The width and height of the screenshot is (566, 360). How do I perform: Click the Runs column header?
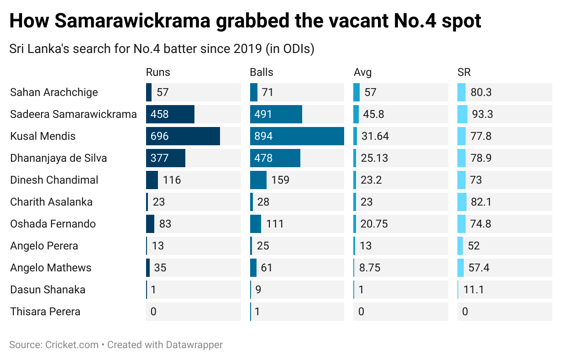[158, 72]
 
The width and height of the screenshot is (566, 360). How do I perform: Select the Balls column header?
[262, 72]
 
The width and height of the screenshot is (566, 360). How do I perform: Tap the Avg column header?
[362, 72]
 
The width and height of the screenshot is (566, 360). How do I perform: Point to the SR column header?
[464, 72]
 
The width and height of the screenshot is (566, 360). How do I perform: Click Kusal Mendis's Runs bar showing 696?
[183, 136]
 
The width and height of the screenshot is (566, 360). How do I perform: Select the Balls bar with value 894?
[297, 136]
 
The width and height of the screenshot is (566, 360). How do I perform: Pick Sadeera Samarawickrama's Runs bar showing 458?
[170, 114]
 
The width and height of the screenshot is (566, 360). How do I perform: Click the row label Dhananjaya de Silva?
[58, 158]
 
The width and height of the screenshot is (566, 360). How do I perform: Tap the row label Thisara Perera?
[45, 312]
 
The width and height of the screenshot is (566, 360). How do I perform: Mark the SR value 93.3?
[482, 114]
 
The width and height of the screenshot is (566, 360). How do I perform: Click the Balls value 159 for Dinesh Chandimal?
[280, 180]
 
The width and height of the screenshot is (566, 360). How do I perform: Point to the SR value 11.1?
[474, 290]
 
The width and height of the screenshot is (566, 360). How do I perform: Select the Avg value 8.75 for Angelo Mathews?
[370, 268]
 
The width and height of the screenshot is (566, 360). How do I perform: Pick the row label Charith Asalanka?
[51, 202]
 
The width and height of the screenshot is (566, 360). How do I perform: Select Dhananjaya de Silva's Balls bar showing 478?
[275, 158]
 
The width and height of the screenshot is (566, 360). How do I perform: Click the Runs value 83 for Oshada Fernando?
[165, 224]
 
